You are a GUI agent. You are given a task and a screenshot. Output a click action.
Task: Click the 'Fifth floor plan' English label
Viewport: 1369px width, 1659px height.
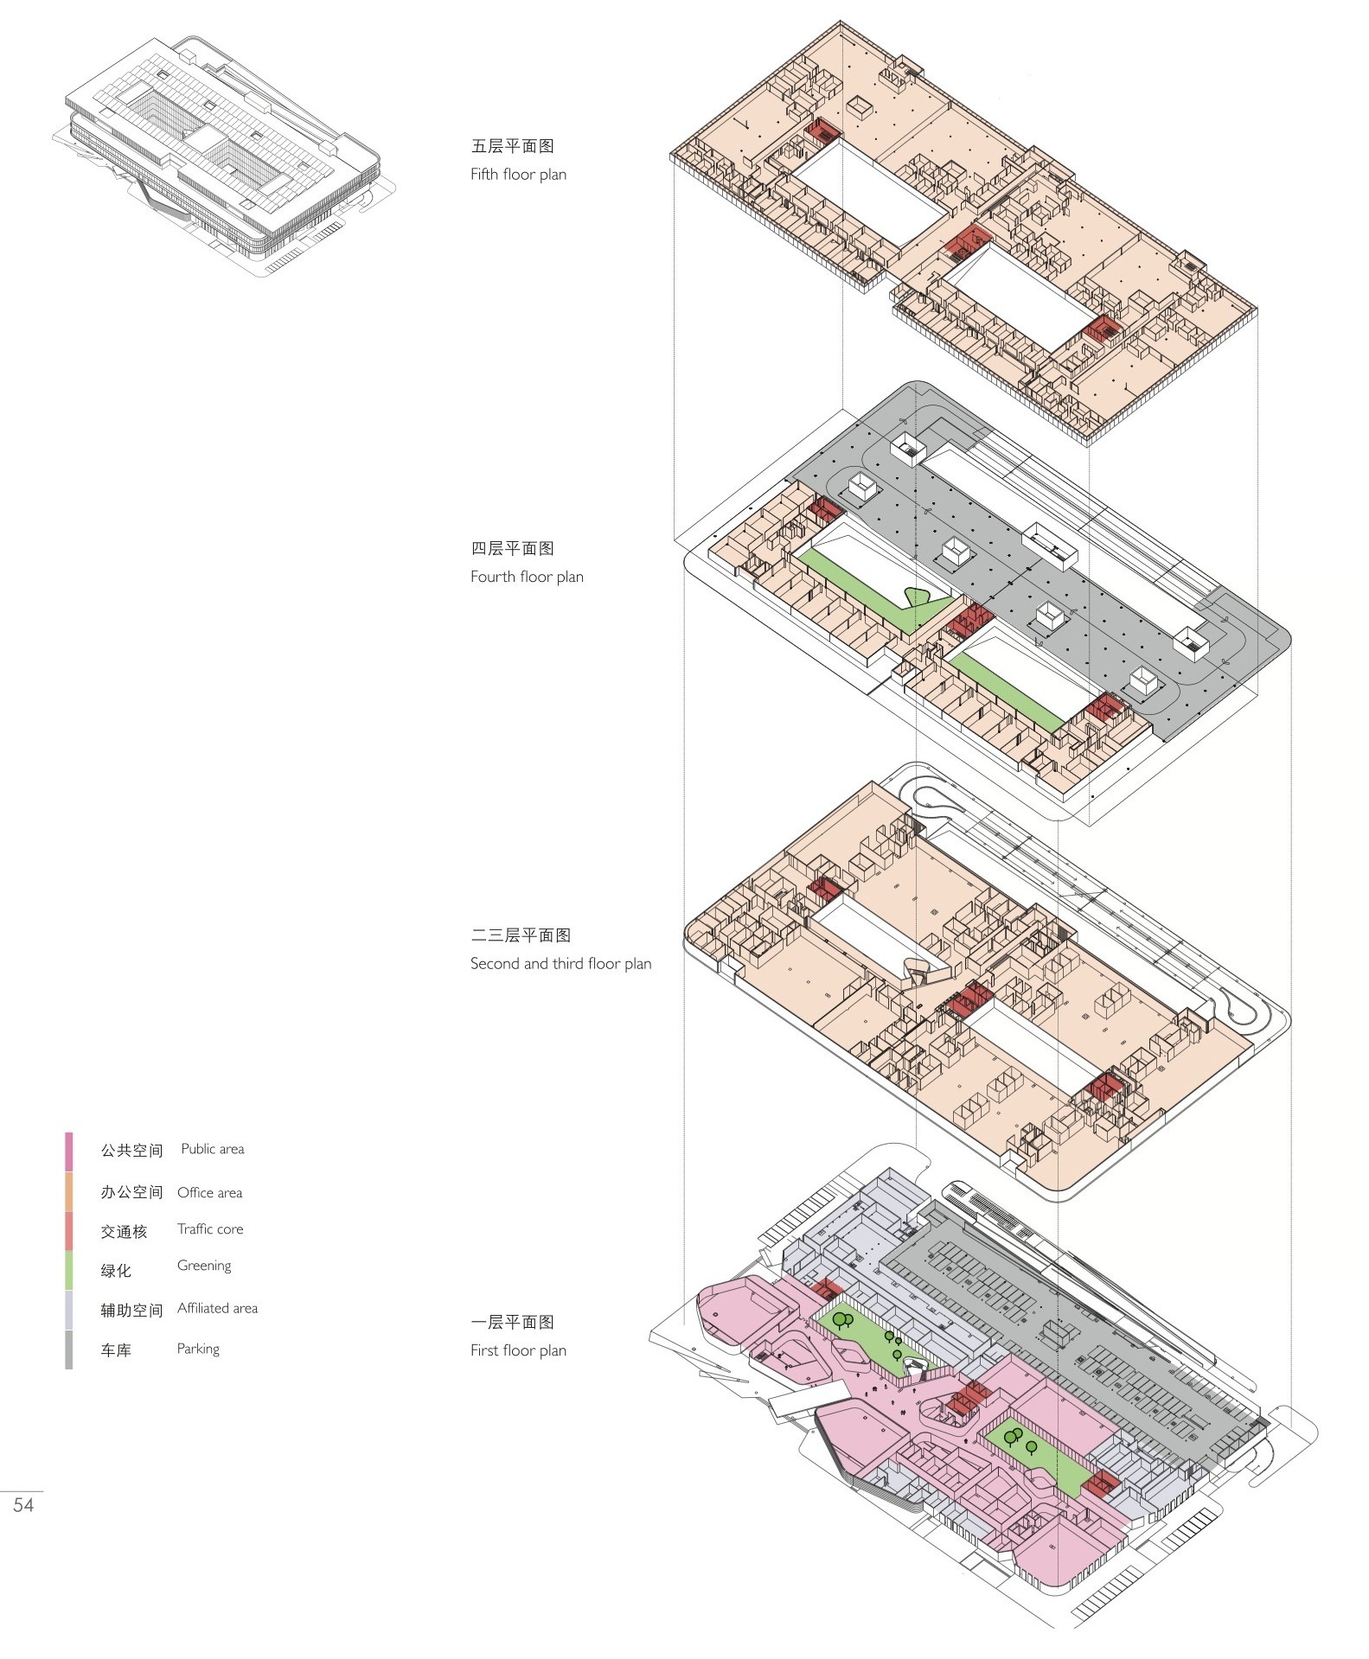[518, 174]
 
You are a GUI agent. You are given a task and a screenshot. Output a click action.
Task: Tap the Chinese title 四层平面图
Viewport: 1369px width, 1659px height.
[512, 548]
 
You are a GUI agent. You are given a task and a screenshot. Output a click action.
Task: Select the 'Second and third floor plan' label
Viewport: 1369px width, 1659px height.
[560, 963]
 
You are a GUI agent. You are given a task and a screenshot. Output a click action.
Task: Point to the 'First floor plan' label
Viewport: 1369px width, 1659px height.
[518, 1350]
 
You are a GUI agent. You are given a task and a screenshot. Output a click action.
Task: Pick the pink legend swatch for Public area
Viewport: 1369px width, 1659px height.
[69, 1151]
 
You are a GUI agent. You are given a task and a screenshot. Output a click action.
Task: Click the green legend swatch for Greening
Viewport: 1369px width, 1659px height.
[69, 1270]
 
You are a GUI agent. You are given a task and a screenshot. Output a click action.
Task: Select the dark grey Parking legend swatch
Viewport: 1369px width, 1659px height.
[69, 1350]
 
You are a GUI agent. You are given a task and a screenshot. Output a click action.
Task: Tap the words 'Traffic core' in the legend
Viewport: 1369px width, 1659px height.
[210, 1228]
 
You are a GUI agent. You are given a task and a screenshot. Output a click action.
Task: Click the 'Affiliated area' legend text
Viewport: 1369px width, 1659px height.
[217, 1308]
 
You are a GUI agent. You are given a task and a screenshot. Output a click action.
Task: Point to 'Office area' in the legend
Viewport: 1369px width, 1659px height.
[209, 1192]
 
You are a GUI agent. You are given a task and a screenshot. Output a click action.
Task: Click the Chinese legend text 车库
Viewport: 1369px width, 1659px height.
[116, 1350]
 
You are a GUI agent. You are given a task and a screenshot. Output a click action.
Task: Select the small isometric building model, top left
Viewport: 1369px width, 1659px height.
[221, 151]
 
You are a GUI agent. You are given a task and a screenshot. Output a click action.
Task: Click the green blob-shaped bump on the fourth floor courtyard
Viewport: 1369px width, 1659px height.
[925, 596]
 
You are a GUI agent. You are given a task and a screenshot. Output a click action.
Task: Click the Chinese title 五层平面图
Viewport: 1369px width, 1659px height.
[512, 146]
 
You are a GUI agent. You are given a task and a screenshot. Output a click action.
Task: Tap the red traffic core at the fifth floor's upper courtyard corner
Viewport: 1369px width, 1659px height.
[822, 131]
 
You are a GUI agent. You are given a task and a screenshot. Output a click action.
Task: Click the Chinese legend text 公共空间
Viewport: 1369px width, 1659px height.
[131, 1151]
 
